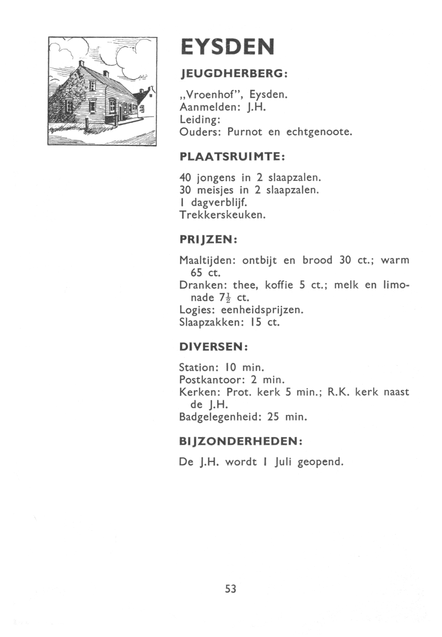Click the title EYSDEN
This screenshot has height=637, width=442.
(x=227, y=48)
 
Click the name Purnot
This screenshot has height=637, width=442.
(x=245, y=132)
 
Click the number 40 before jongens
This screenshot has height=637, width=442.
(x=185, y=178)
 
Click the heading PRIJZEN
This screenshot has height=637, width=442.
(x=207, y=239)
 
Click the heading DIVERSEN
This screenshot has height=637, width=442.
(x=213, y=347)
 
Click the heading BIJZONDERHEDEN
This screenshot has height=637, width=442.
(x=240, y=441)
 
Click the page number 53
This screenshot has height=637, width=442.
(x=230, y=589)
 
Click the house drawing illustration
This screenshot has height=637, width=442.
(x=102, y=91)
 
